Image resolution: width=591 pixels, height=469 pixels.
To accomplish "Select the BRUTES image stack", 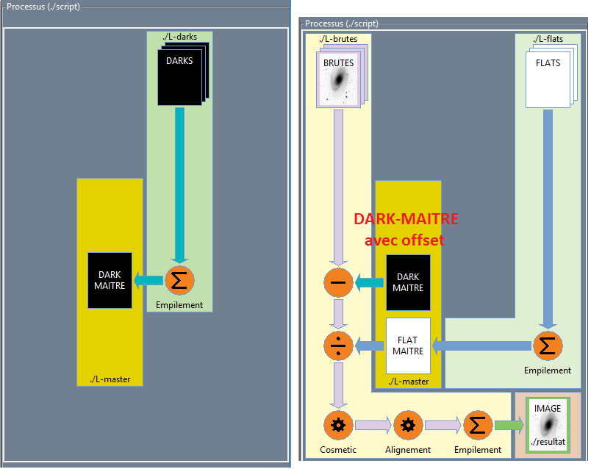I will (x=339, y=79).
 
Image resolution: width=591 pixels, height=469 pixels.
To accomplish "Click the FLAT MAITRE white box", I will (x=408, y=346).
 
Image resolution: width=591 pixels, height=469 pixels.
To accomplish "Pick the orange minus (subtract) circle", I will (x=338, y=282).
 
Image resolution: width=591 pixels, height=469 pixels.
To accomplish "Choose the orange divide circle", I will (x=338, y=346).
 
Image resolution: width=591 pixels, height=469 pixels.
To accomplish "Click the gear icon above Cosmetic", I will (x=338, y=425).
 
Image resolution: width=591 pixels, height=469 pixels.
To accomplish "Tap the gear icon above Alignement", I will (x=408, y=425).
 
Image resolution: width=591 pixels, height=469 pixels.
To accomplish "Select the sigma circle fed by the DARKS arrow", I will (x=179, y=280).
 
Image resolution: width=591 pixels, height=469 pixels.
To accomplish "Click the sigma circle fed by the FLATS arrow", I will (x=548, y=346).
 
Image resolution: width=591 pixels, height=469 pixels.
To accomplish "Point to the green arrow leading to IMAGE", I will (x=508, y=425).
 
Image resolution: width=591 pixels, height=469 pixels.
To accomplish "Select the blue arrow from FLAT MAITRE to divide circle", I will (x=370, y=346).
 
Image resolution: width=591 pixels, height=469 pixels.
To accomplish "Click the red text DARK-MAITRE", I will (x=406, y=219).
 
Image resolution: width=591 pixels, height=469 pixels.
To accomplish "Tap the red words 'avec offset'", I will (x=405, y=240).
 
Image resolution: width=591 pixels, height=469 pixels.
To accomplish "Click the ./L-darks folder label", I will (x=179, y=36).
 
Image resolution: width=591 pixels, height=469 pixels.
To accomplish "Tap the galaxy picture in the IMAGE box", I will (x=548, y=425).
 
